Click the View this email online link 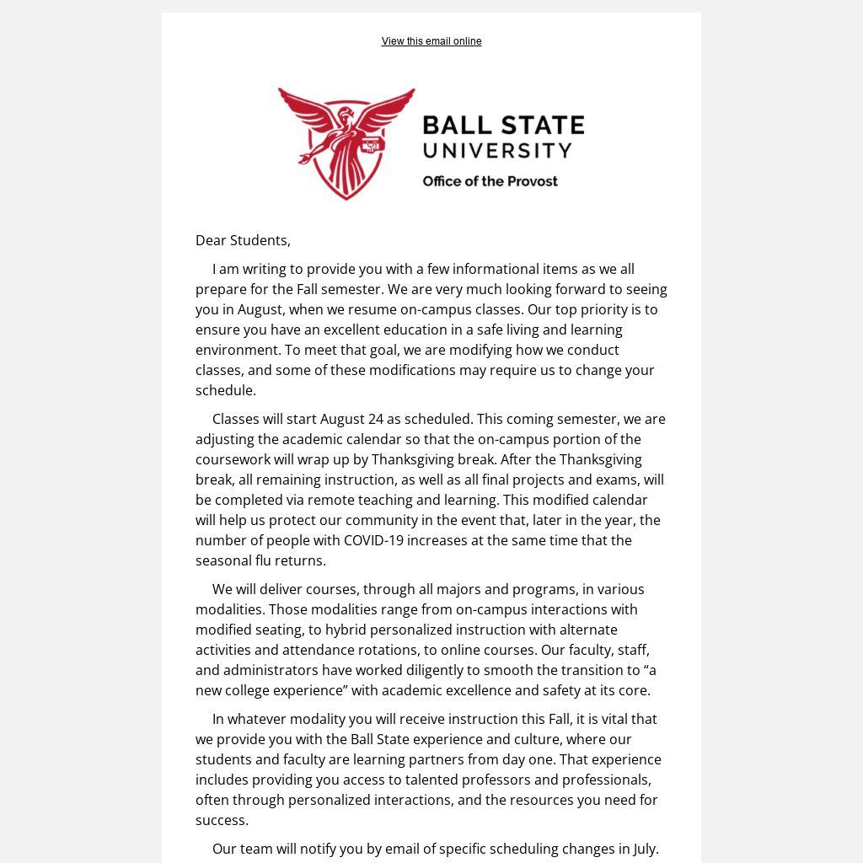tap(431, 41)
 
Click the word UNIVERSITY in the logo tap(497, 151)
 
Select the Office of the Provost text tap(490, 181)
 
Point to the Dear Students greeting tap(243, 240)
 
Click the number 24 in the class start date tap(375, 419)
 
